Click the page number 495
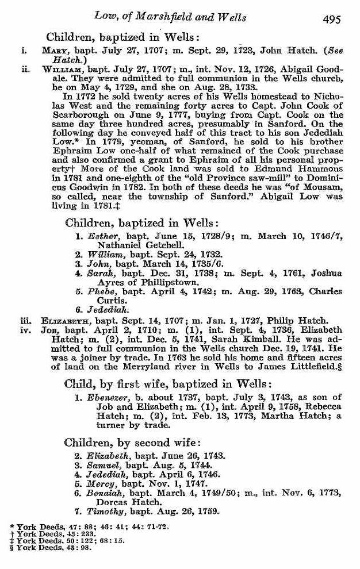point(332,19)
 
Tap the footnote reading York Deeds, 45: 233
point(51,533)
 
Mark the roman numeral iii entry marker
point(25,320)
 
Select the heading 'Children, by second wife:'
point(132,442)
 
